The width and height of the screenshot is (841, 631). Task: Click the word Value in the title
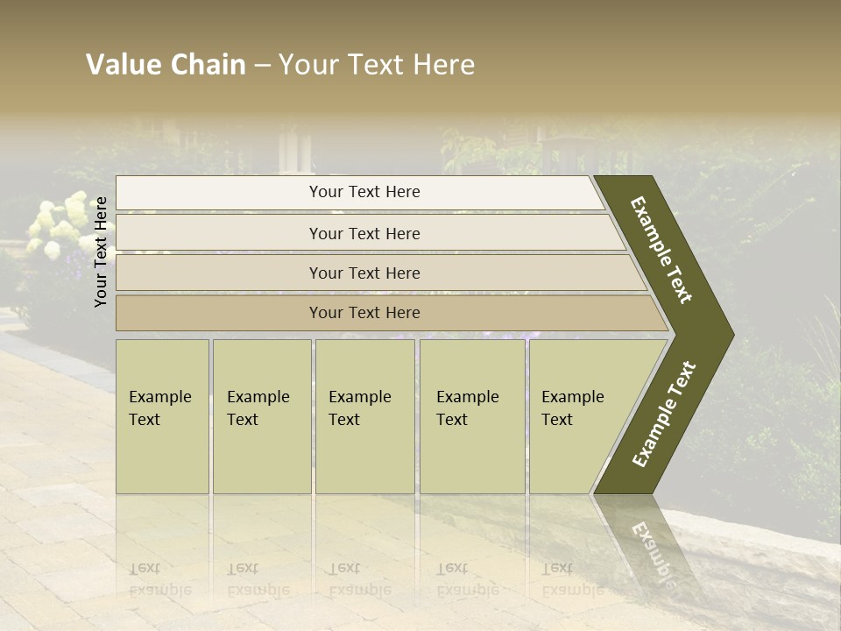click(121, 65)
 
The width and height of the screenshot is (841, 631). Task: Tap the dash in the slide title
click(262, 66)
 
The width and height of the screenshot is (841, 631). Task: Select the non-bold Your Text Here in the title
click(377, 65)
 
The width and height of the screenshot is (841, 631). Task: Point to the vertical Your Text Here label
click(101, 252)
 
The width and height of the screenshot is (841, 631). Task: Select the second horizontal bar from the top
click(364, 233)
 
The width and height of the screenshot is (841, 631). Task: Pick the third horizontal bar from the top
click(364, 273)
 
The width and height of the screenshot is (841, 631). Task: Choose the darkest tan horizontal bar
click(364, 313)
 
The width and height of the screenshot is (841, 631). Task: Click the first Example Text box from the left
click(162, 416)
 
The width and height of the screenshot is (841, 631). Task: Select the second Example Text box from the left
click(261, 416)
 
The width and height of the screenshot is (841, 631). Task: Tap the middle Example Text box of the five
click(364, 416)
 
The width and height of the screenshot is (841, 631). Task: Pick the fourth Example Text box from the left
click(472, 416)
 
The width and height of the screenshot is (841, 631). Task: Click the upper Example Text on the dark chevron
click(661, 250)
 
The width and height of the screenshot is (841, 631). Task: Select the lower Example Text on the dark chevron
click(664, 414)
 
